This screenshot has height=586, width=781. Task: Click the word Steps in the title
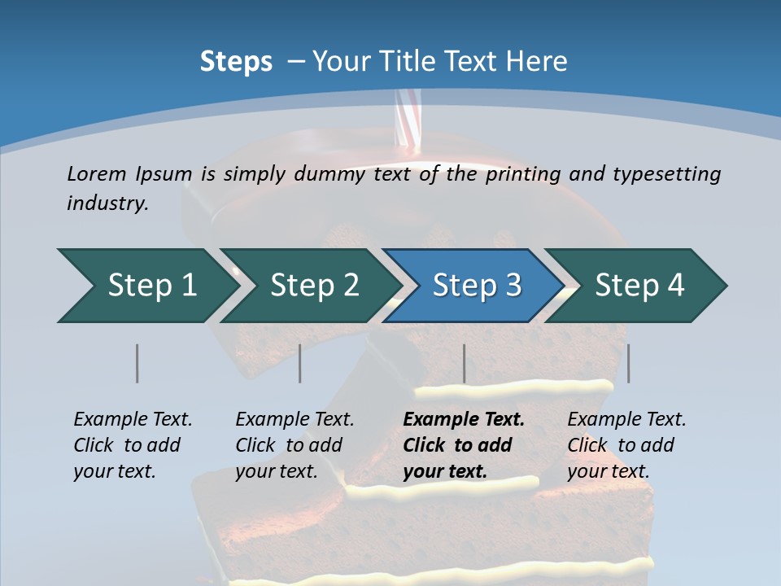click(236, 62)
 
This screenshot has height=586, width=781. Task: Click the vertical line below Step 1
click(137, 363)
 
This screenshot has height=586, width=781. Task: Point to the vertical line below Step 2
click(300, 363)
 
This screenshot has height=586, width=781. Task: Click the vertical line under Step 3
click(465, 363)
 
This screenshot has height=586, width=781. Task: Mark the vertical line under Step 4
click(629, 363)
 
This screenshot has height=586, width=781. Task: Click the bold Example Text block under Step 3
click(464, 445)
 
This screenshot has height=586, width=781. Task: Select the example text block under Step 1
click(133, 445)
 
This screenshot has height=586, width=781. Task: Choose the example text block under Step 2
click(295, 445)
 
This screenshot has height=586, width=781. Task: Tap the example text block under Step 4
click(626, 445)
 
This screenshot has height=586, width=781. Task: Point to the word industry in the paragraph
click(107, 203)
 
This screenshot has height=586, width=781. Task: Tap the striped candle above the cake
click(406, 122)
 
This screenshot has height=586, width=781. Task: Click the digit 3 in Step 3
click(513, 286)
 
